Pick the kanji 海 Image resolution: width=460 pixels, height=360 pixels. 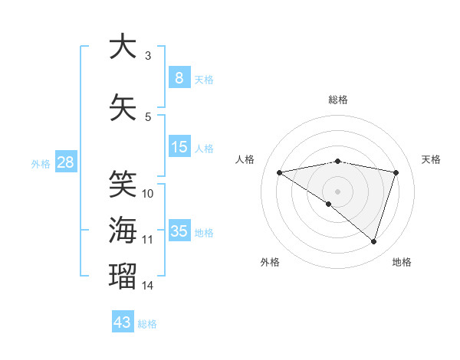[123, 230]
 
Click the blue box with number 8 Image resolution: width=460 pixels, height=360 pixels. [179, 78]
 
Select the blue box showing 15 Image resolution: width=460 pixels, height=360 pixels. [179, 147]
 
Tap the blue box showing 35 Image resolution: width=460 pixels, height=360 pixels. [179, 231]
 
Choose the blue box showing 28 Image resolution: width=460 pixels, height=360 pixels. [65, 162]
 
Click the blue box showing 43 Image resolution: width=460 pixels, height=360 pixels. [123, 322]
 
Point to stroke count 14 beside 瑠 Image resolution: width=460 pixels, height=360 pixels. [148, 286]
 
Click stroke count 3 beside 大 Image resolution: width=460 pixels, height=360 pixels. [148, 56]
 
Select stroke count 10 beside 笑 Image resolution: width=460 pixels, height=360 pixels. [148, 194]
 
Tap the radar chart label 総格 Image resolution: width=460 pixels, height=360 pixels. [337, 100]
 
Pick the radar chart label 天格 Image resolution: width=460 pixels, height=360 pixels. [431, 159]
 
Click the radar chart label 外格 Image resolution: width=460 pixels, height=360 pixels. [270, 262]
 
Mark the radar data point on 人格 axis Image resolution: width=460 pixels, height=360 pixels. [279, 172]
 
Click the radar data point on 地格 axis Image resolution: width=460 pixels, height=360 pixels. [373, 241]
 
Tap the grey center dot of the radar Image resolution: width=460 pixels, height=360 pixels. [337, 191]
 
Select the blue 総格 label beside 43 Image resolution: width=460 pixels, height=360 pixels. [147, 324]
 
